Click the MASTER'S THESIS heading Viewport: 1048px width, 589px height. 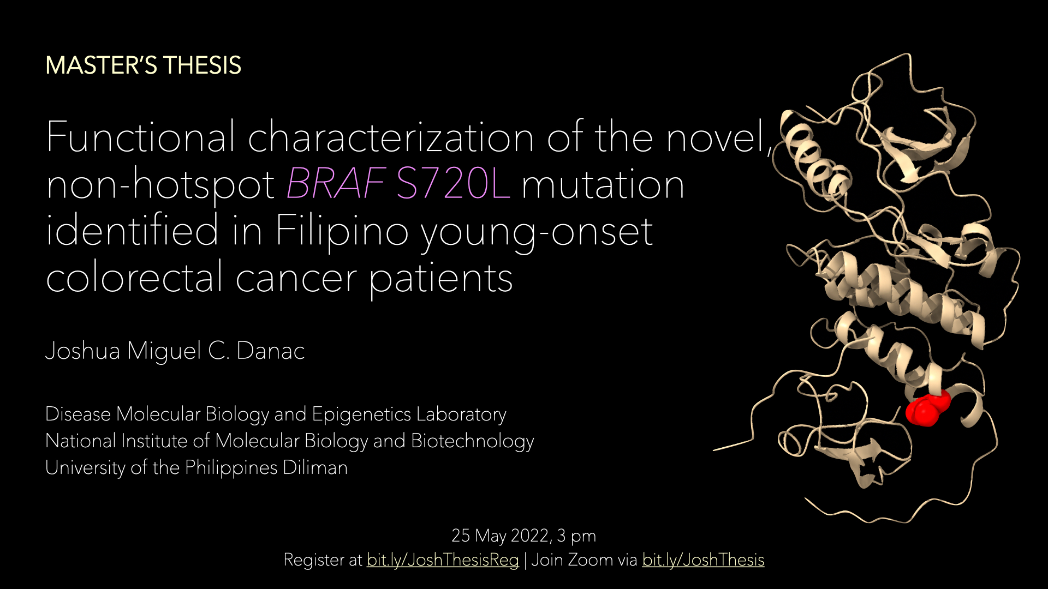[143, 65]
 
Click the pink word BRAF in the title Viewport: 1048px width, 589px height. [336, 184]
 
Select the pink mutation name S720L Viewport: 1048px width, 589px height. [453, 184]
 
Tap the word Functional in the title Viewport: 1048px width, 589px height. [141, 136]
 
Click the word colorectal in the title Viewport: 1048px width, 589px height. [134, 277]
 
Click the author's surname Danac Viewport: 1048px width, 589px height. [270, 351]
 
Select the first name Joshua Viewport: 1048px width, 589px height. [82, 351]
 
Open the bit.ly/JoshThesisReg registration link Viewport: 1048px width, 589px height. [443, 560]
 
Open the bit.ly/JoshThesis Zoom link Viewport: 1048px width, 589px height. [703, 560]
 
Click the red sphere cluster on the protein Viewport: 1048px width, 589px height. [927, 409]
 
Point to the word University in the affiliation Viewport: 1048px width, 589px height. [85, 468]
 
